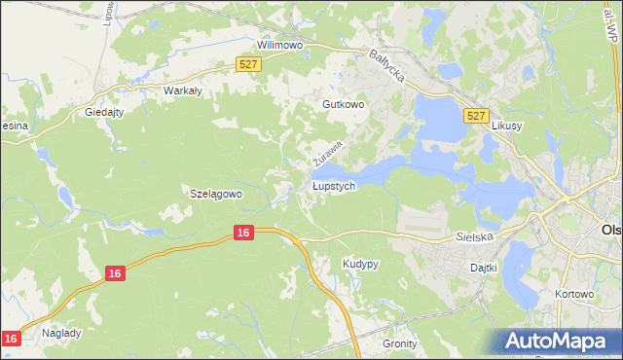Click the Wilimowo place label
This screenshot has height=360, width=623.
point(280,45)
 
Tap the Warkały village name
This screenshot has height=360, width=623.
point(182,90)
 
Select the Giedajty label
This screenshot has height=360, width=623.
point(104,112)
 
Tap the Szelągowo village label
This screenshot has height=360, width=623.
point(215,194)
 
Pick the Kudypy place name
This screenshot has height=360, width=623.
point(360,264)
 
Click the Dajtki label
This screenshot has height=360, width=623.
point(484,267)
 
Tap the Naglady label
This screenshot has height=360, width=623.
point(61,333)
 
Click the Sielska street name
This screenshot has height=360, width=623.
point(475,236)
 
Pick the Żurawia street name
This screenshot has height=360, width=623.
point(329,151)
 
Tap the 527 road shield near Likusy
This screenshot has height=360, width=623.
point(475,116)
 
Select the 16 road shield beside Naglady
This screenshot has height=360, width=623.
point(11,338)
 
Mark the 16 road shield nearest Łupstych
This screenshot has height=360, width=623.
point(243,232)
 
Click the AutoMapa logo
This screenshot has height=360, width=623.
point(557,341)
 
